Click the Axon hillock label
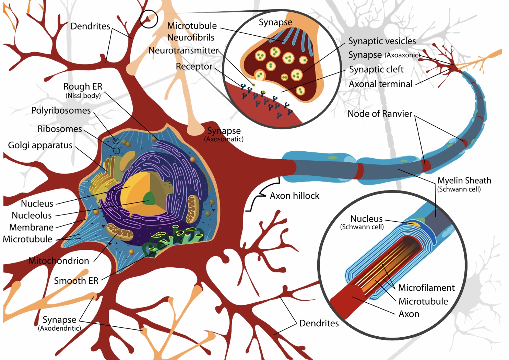tap(294, 196)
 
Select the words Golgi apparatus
tap(40, 145)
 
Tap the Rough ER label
tap(83, 86)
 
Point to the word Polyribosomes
tap(61, 111)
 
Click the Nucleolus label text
tap(32, 215)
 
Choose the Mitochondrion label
tap(59, 261)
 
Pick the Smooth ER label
tap(76, 281)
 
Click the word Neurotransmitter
tap(184, 50)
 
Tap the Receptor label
tap(194, 66)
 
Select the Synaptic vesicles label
tap(382, 41)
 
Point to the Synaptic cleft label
tap(376, 69)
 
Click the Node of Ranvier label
tap(380, 114)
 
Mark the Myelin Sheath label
tap(464, 181)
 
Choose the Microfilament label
tap(426, 288)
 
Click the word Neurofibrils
tap(191, 37)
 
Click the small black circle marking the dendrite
tap(149, 19)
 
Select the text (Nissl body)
tap(83, 96)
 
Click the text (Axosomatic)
tap(224, 139)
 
